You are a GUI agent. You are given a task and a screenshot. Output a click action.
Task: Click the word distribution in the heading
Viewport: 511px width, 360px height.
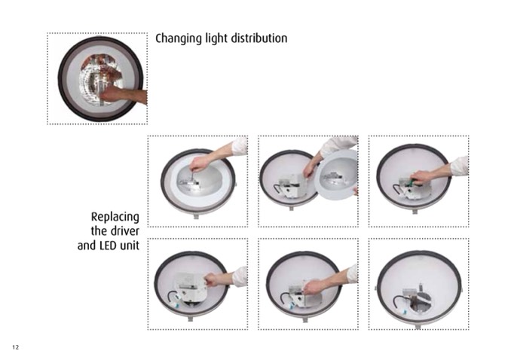tap(259, 38)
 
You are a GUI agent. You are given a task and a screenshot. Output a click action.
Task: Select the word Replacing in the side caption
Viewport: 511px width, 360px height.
tap(115, 217)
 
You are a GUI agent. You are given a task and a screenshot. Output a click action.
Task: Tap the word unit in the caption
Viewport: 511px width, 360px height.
tap(130, 246)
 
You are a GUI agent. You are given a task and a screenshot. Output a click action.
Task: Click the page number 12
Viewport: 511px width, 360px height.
tap(16, 347)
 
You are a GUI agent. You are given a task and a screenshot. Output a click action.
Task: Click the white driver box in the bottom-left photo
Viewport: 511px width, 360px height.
tap(191, 287)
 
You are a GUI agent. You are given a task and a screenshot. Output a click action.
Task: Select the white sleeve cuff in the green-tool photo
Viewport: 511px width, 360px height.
tap(460, 166)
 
